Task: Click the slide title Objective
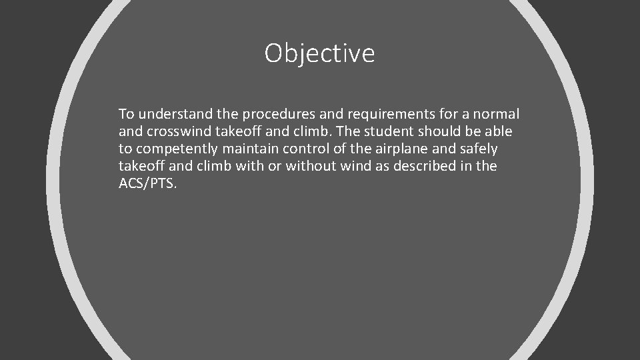[319, 53]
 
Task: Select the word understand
[167, 114]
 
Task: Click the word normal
[497, 114]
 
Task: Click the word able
[499, 131]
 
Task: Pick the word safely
[477, 149]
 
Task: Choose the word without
[312, 166]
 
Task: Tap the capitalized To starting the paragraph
[126, 114]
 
